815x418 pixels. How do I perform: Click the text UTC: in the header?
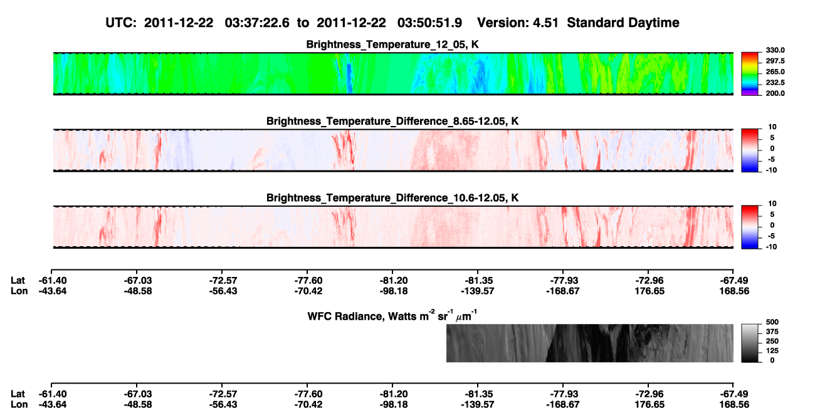121,23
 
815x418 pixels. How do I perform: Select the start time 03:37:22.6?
257,23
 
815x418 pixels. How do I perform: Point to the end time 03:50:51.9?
429,23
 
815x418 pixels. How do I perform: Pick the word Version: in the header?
503,23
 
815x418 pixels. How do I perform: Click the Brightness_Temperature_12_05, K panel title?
392,44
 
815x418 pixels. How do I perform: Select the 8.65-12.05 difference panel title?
392,121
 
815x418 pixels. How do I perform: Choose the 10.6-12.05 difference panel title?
392,198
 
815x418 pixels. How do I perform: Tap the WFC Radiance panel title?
392,316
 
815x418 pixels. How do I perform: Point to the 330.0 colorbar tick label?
775,50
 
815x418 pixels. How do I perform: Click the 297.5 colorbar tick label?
775,61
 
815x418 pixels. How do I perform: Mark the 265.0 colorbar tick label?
775,71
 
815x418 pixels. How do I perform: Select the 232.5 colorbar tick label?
775,83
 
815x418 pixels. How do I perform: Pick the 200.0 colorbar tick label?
775,93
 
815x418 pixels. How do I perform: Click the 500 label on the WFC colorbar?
772,322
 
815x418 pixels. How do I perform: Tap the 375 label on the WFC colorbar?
772,332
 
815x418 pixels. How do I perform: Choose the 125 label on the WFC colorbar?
772,351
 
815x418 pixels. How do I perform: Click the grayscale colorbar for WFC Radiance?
750,343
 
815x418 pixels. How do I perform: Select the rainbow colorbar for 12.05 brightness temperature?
750,74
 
